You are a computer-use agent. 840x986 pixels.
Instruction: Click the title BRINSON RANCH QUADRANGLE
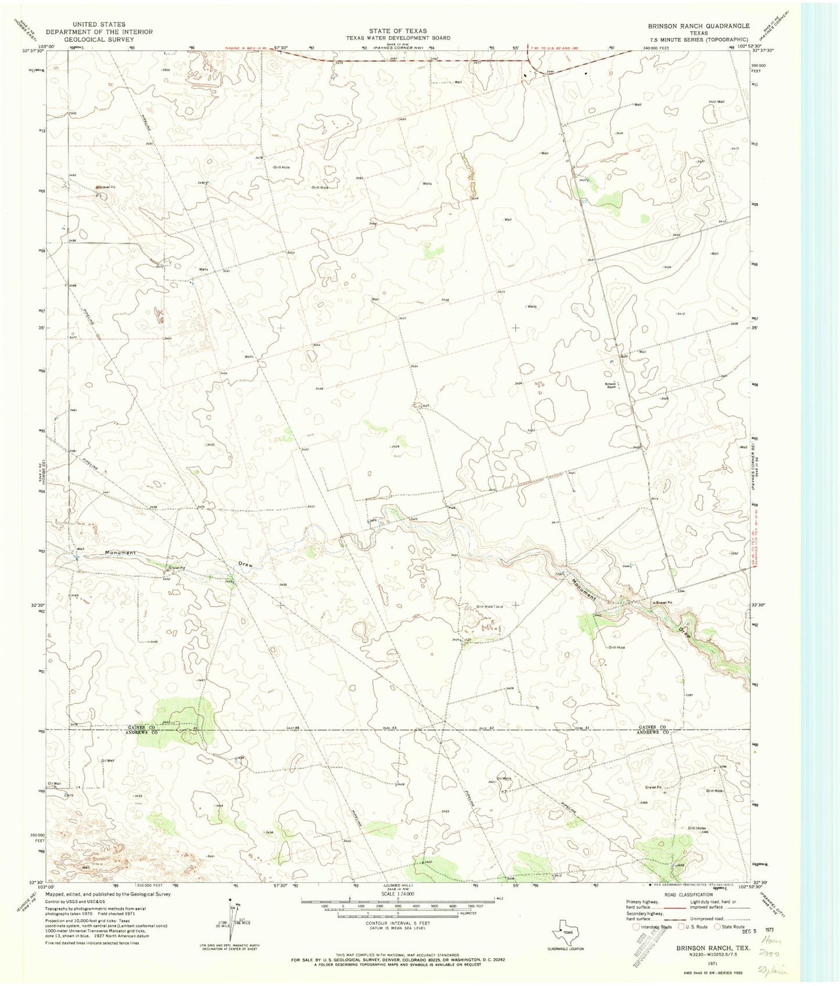coord(699,26)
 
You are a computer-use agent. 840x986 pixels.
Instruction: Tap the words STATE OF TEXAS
coord(398,31)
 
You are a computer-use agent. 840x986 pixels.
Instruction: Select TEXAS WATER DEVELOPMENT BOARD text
coord(398,38)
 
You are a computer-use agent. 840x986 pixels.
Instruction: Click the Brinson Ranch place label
coord(611,386)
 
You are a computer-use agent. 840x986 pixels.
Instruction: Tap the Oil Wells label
coord(504,778)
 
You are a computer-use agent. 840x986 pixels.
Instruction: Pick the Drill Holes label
coord(696,828)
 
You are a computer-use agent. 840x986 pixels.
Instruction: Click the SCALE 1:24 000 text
coord(398,894)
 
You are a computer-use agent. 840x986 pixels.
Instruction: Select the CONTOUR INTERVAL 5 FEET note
coord(398,923)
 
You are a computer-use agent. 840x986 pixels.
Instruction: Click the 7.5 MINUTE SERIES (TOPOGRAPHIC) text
coord(699,40)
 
